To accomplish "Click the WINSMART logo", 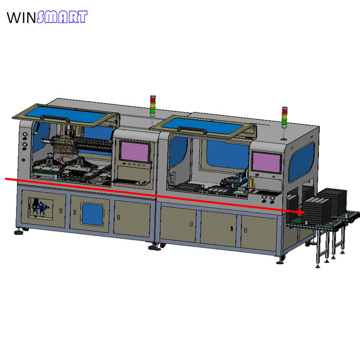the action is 47,17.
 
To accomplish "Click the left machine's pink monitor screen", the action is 135,152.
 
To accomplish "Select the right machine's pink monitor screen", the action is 266,163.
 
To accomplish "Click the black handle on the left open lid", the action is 55,119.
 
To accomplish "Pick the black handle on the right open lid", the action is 192,130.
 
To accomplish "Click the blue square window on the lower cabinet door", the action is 93,214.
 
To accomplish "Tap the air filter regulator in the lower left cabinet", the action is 39,208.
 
